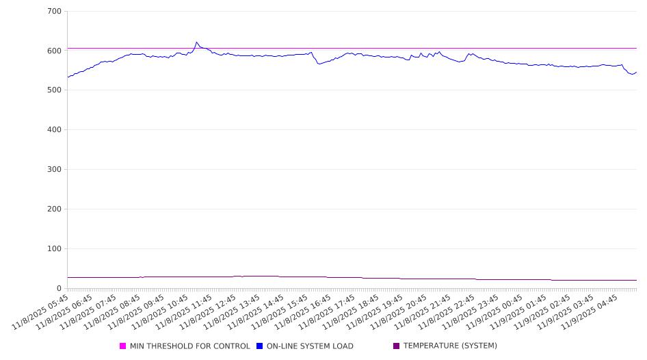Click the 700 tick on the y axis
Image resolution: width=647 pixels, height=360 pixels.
point(54,12)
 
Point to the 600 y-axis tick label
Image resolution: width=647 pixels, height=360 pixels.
point(54,51)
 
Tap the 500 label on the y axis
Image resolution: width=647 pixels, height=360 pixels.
point(54,90)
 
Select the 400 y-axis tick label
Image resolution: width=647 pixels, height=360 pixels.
point(54,130)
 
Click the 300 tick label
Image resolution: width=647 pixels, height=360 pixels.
point(54,170)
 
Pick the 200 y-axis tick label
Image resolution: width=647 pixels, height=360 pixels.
point(54,209)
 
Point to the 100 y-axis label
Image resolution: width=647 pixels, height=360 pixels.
point(54,249)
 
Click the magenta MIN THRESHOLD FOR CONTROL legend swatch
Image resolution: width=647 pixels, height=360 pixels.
point(123,346)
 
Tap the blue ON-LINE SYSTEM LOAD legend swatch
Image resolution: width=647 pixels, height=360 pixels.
point(260,346)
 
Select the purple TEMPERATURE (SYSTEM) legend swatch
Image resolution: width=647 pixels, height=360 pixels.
point(397,346)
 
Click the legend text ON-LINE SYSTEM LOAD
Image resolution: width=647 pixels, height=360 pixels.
point(310,346)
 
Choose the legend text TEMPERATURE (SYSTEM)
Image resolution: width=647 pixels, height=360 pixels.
point(450,346)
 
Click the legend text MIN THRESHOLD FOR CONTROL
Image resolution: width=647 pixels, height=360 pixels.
point(190,346)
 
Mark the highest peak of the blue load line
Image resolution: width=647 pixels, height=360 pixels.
point(196,42)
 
